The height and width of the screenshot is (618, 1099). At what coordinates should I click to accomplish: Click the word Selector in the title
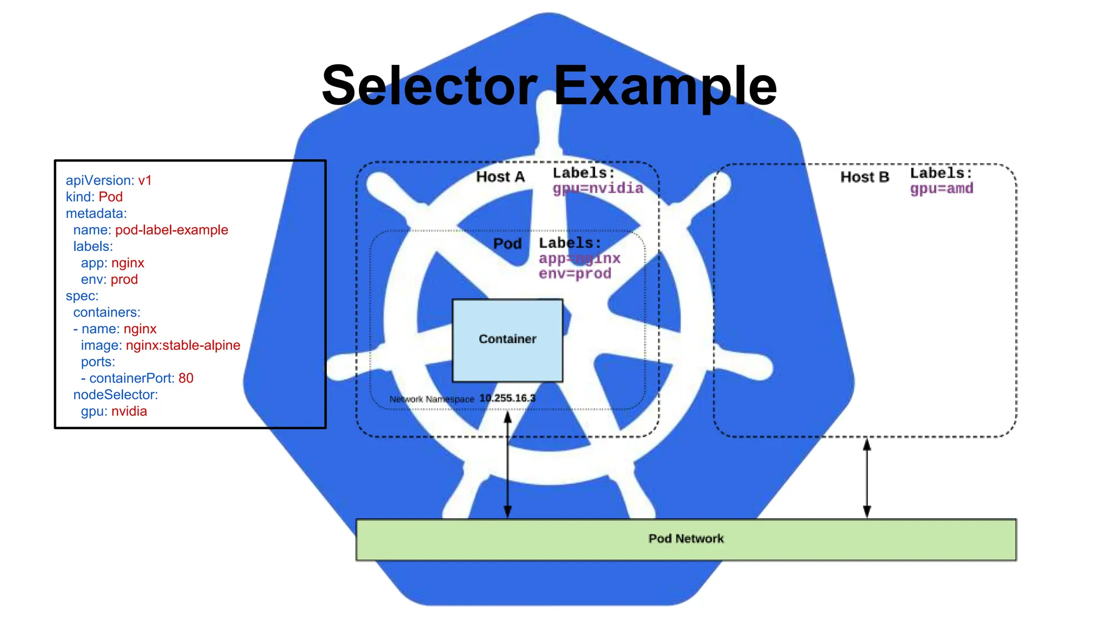tap(429, 86)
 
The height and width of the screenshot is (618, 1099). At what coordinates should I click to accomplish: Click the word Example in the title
tap(665, 86)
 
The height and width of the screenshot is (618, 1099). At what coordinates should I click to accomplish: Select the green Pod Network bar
tap(686, 539)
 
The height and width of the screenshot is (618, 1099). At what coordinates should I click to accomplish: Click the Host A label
tap(500, 177)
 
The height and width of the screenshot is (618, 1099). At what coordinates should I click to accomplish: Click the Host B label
tap(864, 177)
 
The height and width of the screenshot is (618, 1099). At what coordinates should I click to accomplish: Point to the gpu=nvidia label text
tap(598, 188)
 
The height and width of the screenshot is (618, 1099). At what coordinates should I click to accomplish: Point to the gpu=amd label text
tap(941, 189)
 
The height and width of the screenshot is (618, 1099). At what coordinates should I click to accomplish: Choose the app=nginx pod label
tap(580, 259)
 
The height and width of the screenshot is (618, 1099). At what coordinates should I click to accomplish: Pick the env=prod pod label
tap(575, 274)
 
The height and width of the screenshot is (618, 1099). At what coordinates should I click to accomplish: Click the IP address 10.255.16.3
tap(507, 398)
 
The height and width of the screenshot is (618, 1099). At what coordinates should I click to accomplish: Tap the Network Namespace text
tap(431, 399)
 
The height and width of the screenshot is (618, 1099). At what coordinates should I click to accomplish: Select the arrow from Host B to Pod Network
tap(867, 477)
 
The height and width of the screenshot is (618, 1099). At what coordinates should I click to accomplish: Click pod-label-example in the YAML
tap(172, 230)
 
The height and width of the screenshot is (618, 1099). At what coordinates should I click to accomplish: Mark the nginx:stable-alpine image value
tap(183, 345)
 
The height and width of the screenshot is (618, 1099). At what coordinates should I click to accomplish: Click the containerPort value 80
tap(186, 378)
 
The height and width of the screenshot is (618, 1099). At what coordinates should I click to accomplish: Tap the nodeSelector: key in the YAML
tap(115, 395)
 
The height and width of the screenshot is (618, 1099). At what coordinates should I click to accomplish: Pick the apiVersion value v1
tap(145, 181)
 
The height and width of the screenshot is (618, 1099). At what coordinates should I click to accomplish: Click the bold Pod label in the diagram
tap(507, 244)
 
